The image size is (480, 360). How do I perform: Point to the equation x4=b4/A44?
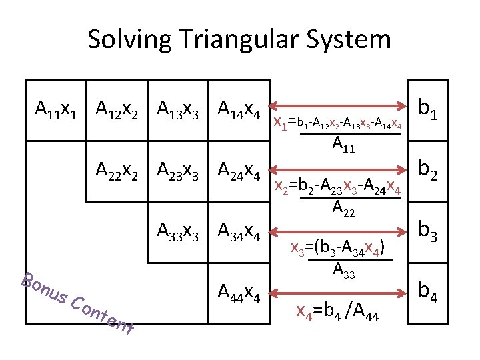(x=337, y=312)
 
